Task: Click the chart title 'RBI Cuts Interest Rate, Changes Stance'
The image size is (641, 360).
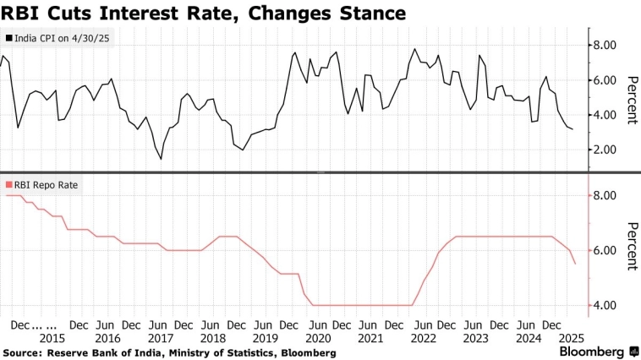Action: (203, 14)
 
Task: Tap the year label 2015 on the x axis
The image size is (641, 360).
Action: (52, 338)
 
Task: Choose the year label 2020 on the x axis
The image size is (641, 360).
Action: (317, 338)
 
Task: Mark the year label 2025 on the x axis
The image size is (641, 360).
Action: (562, 338)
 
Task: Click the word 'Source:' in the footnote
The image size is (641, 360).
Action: (24, 352)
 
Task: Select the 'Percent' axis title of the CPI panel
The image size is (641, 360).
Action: (631, 100)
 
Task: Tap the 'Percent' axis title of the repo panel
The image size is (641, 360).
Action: (631, 246)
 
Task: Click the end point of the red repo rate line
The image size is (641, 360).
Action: (576, 264)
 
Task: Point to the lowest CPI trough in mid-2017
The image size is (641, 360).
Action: (161, 158)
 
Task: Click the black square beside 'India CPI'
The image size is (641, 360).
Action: (8, 39)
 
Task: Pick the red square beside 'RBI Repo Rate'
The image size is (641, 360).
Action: (8, 183)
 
